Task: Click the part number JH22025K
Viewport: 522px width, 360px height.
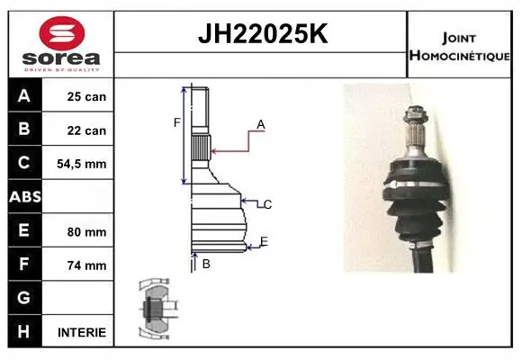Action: coord(263,33)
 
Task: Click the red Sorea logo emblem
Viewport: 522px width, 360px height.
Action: coord(62,33)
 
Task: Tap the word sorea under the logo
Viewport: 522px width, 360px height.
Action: coord(61,58)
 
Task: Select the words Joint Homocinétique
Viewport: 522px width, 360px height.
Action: coord(459,47)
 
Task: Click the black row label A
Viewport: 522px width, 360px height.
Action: coord(24,95)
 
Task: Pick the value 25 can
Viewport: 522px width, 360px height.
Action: coord(86,96)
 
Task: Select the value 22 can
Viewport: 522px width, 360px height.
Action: coord(86,130)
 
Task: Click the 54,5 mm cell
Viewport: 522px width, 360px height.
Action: coord(82,164)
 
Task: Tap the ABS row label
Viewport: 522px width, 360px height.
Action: coord(25,197)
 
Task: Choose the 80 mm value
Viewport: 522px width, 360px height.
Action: coord(86,232)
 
